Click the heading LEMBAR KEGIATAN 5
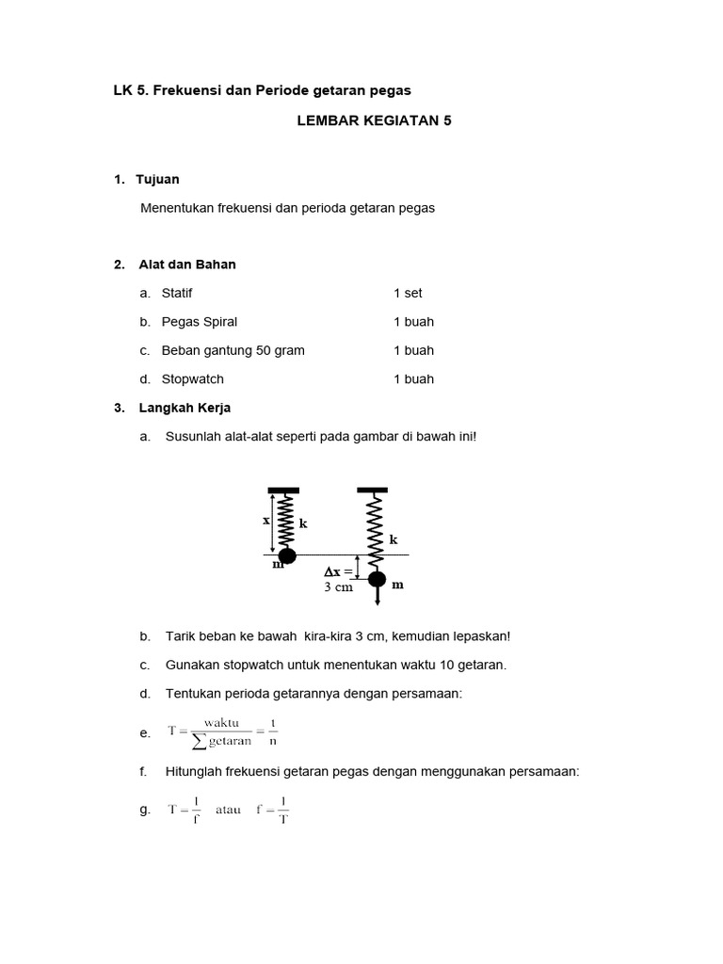[374, 121]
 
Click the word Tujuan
[157, 179]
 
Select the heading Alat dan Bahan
[187, 265]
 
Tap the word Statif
[177, 293]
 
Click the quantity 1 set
[408, 293]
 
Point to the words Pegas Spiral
[200, 322]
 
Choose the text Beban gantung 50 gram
[233, 350]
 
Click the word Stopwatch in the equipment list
[193, 379]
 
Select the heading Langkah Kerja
[185, 408]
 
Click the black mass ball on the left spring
[287, 555]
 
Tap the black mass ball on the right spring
[377, 580]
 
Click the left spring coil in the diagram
[286, 521]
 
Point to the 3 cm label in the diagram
[337, 587]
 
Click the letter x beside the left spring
[266, 519]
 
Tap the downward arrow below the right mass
[377, 600]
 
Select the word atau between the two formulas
[228, 810]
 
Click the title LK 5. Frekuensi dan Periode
[263, 90]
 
